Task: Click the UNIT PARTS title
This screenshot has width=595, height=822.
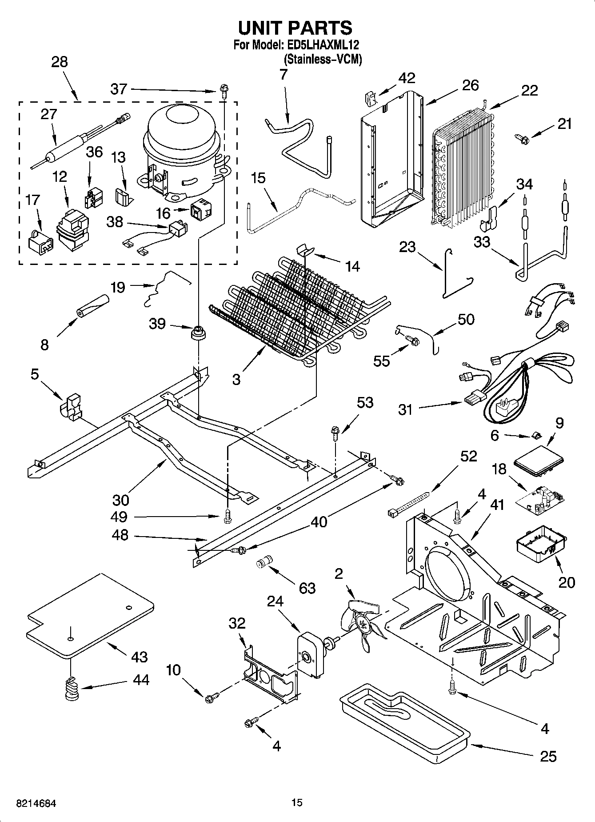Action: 295,28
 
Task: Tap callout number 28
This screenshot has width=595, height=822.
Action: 59,62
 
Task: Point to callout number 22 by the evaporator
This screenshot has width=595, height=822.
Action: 529,90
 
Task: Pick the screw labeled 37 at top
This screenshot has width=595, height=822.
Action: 224,92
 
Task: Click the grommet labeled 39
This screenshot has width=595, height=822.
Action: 197,332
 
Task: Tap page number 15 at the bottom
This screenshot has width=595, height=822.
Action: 297,802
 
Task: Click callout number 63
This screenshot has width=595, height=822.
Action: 307,588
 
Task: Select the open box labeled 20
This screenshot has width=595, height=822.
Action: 541,545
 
